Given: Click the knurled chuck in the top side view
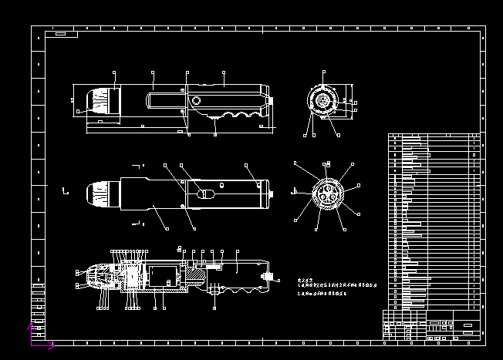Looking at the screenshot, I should (99, 103).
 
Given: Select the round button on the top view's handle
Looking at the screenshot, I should (196, 100).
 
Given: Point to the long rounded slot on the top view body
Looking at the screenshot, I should (167, 99).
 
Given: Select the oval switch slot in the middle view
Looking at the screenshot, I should (204, 193).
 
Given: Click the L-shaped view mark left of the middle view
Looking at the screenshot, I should (66, 190).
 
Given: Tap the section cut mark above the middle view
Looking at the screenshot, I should (140, 165).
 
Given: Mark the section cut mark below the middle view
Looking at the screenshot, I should (140, 223).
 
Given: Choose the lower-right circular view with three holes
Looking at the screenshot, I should (324, 194).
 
